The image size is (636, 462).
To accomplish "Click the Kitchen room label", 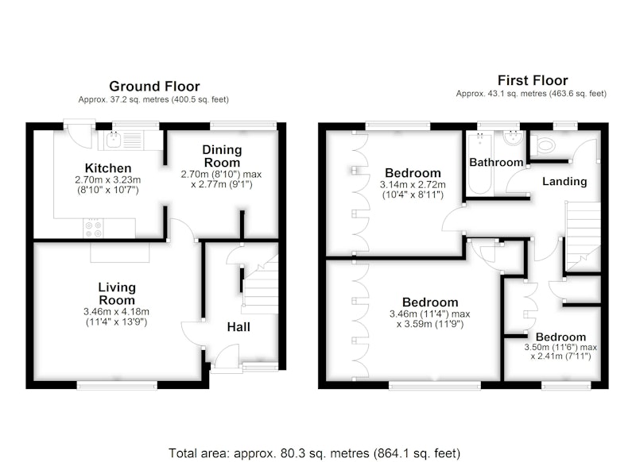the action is click(108, 168).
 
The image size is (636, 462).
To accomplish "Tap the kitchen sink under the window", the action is click(113, 140).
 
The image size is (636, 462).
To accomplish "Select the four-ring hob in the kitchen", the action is click(93, 229).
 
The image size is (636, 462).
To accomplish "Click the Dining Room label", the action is click(222, 156).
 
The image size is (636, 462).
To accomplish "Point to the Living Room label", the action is click(117, 294).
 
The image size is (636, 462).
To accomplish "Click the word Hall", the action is click(238, 327).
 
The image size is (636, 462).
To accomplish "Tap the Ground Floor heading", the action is click(154, 87).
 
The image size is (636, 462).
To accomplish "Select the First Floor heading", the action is click(533, 80).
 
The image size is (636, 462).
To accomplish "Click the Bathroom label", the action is click(496, 163).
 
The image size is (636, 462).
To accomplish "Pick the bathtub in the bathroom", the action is click(480, 164).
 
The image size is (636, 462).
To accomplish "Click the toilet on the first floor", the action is click(543, 145).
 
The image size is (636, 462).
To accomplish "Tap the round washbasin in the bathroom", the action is click(513, 137).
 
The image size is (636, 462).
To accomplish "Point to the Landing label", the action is click(564, 182).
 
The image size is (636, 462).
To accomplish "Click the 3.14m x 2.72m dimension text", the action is click(413, 185).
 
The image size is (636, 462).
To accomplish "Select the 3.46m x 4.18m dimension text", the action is click(116, 312).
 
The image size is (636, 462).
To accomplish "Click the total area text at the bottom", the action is click(314, 453).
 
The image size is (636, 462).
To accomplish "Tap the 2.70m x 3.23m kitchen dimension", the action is click(108, 179).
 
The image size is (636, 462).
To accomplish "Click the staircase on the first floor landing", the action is click(584, 236).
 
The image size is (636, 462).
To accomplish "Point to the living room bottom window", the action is click(117, 385).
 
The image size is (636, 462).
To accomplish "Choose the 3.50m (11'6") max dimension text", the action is click(560, 347).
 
